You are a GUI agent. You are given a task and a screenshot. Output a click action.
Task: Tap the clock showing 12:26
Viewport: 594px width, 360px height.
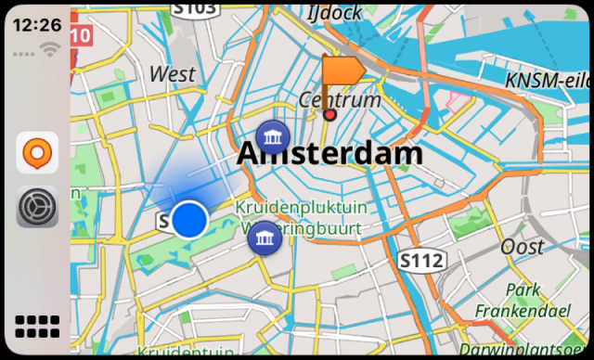tap(36, 25)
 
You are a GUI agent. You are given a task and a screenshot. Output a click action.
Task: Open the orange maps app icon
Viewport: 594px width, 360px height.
tap(37, 152)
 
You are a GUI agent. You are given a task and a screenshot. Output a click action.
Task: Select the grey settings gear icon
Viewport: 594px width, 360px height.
tap(37, 206)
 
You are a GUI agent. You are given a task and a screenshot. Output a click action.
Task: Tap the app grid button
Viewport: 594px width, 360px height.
tap(37, 326)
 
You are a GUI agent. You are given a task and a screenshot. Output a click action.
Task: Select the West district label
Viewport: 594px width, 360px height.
tap(173, 74)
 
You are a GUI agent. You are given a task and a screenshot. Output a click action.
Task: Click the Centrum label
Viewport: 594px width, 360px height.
tap(340, 99)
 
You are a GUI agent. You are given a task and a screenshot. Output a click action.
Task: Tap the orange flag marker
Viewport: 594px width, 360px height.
tap(341, 71)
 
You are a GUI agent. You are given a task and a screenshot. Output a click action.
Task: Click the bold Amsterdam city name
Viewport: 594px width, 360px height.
tap(329, 153)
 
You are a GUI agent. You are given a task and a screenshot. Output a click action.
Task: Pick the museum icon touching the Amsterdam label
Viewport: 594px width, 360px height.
tap(272, 137)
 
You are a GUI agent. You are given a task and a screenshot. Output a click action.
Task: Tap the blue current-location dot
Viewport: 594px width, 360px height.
tap(189, 220)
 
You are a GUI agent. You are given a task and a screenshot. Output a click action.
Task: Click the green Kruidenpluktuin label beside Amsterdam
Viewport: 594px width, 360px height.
tap(301, 206)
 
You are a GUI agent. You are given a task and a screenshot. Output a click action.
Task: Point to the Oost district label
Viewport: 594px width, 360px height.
tap(523, 247)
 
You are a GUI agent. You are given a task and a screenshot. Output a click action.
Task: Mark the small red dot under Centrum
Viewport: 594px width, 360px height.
tap(329, 115)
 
